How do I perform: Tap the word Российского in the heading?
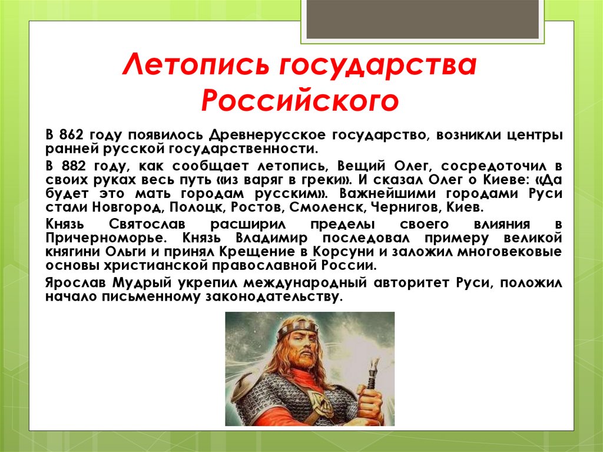click(300, 101)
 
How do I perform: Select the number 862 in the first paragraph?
click(71, 135)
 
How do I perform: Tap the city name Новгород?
click(128, 207)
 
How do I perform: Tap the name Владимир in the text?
click(271, 238)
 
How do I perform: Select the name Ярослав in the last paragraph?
click(76, 283)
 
